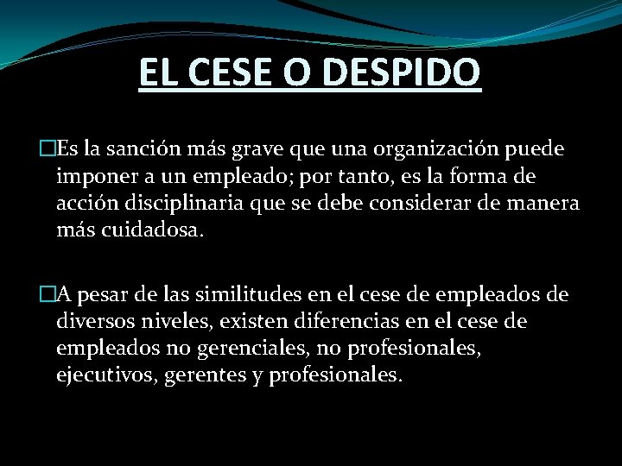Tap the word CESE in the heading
(x=229, y=72)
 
